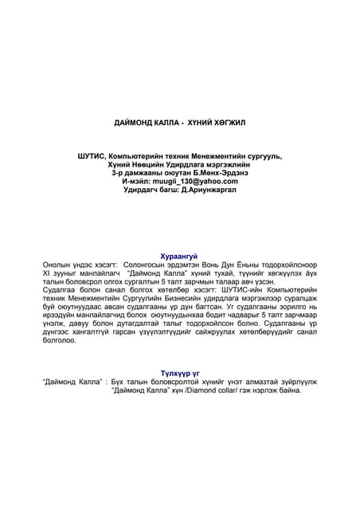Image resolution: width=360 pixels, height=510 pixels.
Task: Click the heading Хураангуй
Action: tap(179, 256)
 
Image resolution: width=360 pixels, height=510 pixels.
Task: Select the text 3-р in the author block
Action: tap(117, 172)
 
